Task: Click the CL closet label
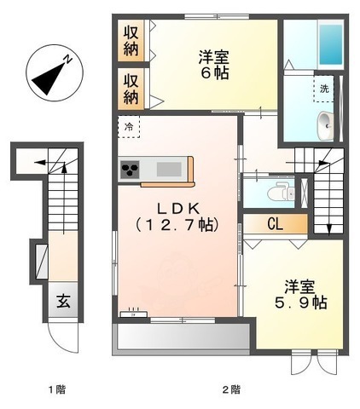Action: tap(276, 225)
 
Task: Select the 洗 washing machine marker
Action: tap(324, 89)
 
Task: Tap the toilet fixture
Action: tap(278, 192)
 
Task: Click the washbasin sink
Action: tap(325, 126)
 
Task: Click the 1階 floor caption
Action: tap(57, 390)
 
